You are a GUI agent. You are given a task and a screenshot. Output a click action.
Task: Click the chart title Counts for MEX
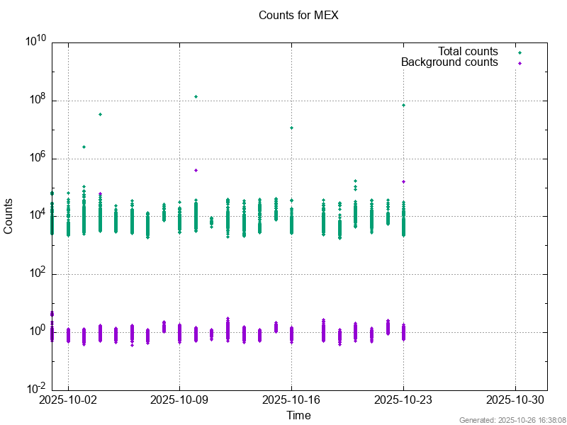(x=298, y=15)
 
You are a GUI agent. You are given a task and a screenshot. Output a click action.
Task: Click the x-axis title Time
(x=298, y=415)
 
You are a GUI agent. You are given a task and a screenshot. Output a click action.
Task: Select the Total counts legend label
(x=468, y=52)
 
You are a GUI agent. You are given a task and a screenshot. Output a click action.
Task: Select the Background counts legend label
(x=449, y=62)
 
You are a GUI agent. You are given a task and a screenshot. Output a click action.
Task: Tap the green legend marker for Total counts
(x=520, y=52)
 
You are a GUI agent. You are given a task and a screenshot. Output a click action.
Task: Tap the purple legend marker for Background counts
(x=520, y=63)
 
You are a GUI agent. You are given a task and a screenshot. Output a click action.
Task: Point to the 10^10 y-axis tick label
(x=36, y=42)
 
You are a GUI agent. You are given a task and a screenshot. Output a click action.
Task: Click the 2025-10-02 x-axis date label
(x=68, y=399)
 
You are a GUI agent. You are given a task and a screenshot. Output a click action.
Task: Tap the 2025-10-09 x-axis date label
(x=179, y=399)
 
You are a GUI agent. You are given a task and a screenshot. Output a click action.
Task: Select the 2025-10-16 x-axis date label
(x=291, y=399)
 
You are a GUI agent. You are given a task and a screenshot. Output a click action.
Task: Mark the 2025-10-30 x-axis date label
(x=515, y=399)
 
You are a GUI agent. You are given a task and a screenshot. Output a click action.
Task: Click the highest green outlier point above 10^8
(x=196, y=96)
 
